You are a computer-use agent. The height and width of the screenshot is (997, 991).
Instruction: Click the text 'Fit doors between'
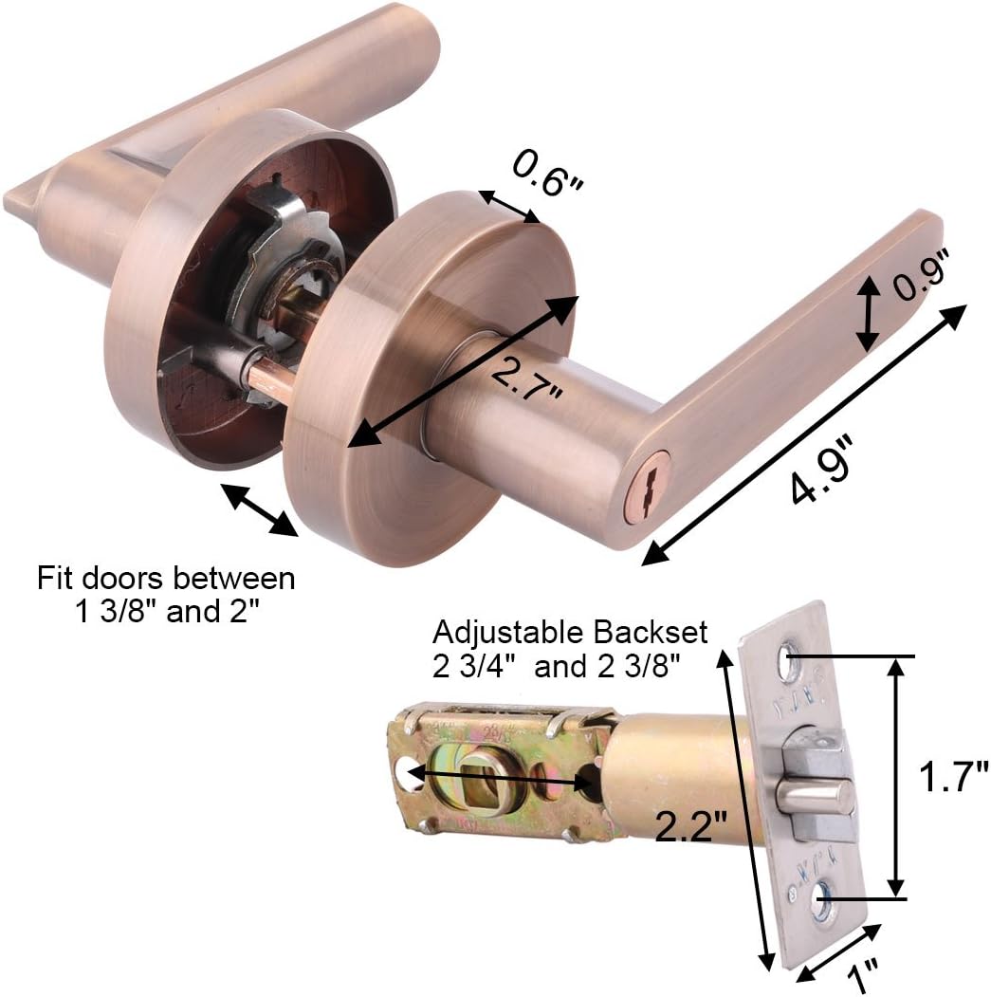point(166,578)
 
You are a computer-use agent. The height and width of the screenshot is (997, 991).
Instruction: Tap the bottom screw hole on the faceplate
point(822,894)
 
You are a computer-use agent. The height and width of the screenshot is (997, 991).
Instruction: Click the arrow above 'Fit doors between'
point(259,510)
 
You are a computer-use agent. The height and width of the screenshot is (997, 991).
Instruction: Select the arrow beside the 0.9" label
point(867,314)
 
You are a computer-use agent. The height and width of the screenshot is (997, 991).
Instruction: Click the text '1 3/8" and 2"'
point(166,612)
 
